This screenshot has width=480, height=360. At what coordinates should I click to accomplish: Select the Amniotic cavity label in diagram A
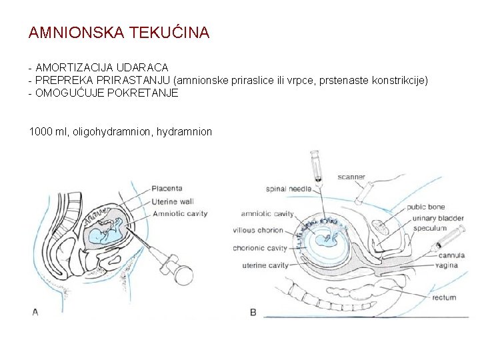coord(179,214)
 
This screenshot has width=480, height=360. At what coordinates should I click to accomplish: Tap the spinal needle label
coord(289,189)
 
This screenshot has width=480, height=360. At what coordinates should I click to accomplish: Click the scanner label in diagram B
coord(351,177)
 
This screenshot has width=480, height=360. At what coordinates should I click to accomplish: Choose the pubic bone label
coord(426,207)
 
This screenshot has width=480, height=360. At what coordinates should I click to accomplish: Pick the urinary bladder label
coord(438,217)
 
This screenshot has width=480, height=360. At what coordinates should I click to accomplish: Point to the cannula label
coord(451,255)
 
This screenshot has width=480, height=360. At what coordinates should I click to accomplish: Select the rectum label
coord(444,297)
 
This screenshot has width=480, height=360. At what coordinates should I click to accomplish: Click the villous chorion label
coord(258,231)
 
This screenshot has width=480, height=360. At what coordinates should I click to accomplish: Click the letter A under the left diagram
coord(35,311)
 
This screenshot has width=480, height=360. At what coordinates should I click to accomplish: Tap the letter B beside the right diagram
coord(253,312)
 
